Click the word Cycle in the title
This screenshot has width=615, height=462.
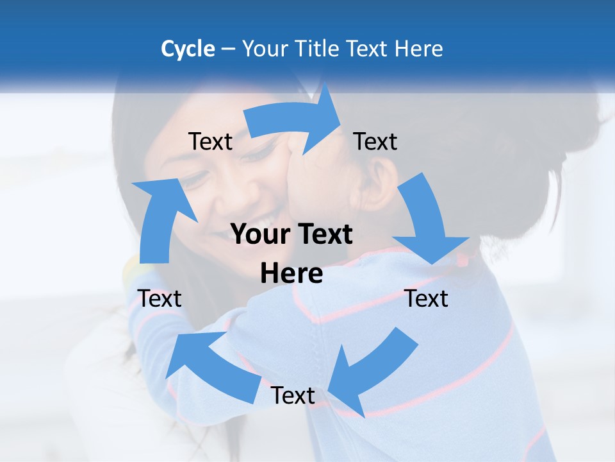tap(188, 49)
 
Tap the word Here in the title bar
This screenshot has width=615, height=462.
tap(420, 49)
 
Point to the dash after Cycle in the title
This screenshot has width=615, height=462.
tap(228, 49)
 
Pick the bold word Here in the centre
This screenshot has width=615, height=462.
tap(291, 274)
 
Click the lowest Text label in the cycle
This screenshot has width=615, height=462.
tap(293, 396)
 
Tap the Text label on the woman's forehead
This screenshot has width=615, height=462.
tap(210, 142)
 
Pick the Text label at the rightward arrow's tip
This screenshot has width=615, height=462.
tap(375, 142)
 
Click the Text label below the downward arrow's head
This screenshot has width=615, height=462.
tap(426, 298)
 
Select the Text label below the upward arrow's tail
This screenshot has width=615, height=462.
tap(160, 298)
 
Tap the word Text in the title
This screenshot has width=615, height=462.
tap(370, 49)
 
